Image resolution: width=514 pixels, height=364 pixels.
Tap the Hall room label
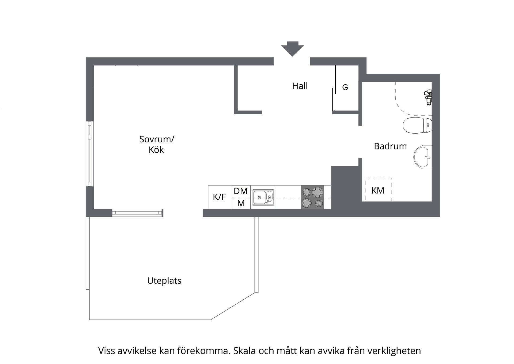click(x=300, y=86)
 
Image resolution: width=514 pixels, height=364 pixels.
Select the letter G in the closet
click(x=345, y=87)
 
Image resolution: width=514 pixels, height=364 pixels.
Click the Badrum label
click(x=390, y=146)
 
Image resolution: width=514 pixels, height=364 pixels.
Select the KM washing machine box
click(x=379, y=190)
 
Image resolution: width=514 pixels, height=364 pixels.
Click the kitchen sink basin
click(x=259, y=197)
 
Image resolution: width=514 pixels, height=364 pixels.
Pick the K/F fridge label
click(x=219, y=197)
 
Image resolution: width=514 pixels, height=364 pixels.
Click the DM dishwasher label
click(x=240, y=191)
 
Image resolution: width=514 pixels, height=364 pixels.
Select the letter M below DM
click(x=241, y=203)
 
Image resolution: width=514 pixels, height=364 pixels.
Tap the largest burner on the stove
click(x=318, y=192)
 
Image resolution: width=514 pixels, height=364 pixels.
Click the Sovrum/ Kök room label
click(x=156, y=144)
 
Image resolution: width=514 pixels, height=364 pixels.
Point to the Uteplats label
click(x=164, y=281)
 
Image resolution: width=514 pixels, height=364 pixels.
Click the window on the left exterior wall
click(x=90, y=154)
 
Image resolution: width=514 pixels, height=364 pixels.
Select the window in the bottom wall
click(x=137, y=213)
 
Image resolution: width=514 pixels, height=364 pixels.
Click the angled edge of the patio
click(x=233, y=306)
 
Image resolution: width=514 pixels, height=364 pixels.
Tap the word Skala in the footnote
click(x=243, y=351)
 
